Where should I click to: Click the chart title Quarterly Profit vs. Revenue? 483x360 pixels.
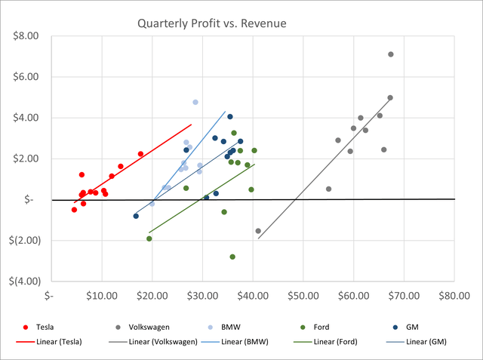211,23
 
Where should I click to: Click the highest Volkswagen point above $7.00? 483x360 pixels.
391,54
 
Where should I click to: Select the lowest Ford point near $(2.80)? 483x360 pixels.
232,257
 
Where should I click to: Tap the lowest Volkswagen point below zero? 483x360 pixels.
258,231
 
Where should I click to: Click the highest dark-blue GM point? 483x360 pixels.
230,117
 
